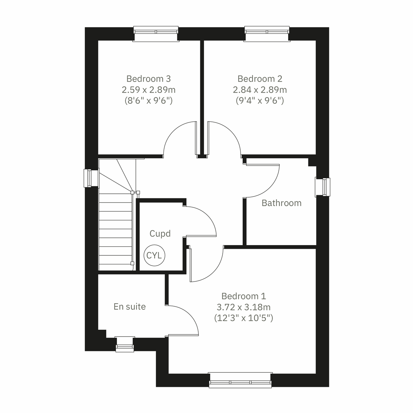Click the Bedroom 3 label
(x=148, y=79)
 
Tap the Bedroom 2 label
(x=260, y=79)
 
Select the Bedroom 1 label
(x=244, y=296)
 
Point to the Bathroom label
(x=282, y=203)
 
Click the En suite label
(x=130, y=307)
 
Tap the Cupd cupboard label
(x=160, y=234)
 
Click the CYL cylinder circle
(x=155, y=255)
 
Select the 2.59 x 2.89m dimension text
(x=148, y=90)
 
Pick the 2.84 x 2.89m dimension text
(x=260, y=90)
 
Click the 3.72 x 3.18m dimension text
(x=244, y=307)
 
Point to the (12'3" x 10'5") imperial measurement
(x=244, y=318)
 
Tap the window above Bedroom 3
(x=156, y=33)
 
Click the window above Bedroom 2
(x=267, y=33)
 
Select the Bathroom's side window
(x=323, y=187)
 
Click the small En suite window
(x=124, y=344)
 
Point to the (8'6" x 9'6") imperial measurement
(x=148, y=101)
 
